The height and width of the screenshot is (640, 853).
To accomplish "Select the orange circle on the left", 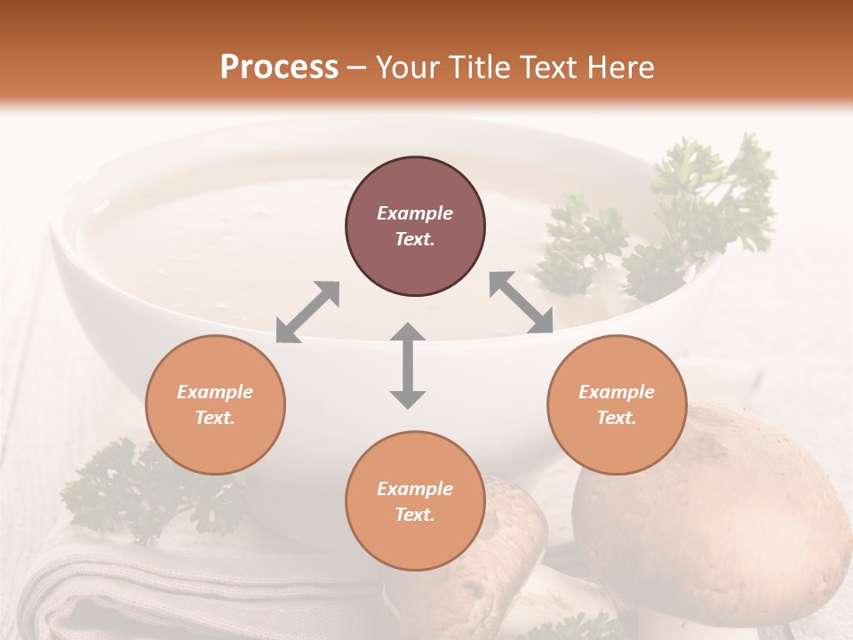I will [x=215, y=404].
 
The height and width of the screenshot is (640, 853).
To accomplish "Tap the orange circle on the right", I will [x=617, y=404].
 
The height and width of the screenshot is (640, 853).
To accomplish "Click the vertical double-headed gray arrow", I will [x=408, y=365].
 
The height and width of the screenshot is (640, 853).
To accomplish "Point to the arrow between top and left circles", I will [x=307, y=311].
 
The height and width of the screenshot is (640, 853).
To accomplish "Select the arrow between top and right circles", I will [x=522, y=302].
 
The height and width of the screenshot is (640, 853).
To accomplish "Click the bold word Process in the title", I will [x=279, y=67].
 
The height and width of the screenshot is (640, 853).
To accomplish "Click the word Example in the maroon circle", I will [x=415, y=213].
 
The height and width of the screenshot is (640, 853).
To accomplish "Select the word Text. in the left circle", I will [x=215, y=418].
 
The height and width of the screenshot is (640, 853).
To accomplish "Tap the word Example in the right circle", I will [x=617, y=392].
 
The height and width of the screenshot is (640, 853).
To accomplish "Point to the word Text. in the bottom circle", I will [x=415, y=515].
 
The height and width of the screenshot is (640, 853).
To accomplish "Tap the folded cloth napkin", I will [x=178, y=587].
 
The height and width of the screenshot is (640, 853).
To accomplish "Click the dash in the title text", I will [x=356, y=68].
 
